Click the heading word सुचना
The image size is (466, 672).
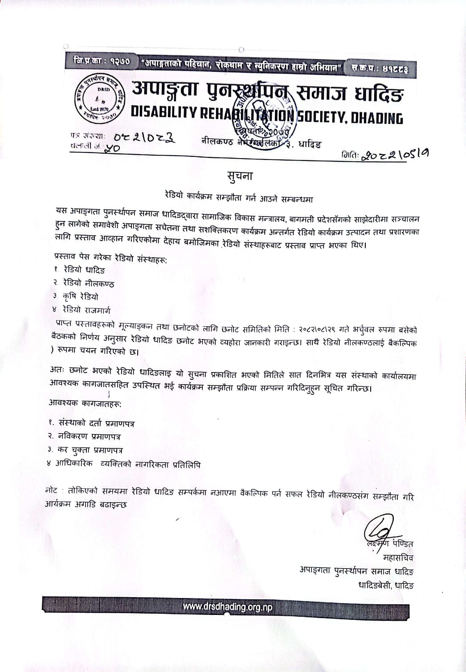(239, 176)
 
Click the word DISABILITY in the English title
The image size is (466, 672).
(164, 113)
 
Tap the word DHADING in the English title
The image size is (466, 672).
(377, 118)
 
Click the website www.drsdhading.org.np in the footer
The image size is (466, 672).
(227, 607)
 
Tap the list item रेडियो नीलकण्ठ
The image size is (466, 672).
(88, 283)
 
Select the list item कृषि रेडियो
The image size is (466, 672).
(80, 296)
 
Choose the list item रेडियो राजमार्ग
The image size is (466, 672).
(86, 310)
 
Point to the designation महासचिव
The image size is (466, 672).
(398, 557)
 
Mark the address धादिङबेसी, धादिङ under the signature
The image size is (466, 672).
(386, 585)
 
